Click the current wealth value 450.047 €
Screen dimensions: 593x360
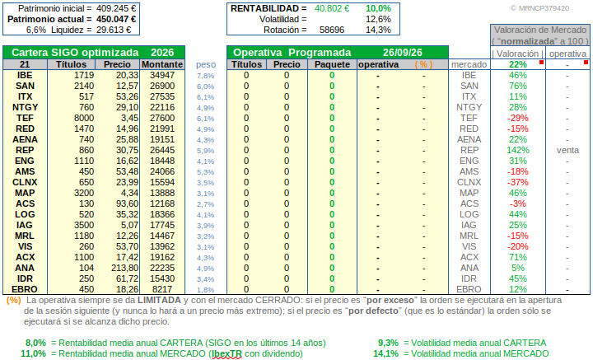coord(116,19)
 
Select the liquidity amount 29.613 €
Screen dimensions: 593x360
coord(114,30)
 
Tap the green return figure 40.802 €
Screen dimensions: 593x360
coord(332,8)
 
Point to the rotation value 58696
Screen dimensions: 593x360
coord(332,30)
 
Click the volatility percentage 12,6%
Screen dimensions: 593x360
coord(378,19)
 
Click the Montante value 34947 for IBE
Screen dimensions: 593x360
coord(162,76)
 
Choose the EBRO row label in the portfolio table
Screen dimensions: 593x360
coord(25,290)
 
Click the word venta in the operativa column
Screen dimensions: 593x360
coord(567,151)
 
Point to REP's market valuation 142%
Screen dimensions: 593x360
coord(518,151)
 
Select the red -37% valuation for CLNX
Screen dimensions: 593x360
coord(518,183)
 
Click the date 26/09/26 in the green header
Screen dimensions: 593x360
coord(403,53)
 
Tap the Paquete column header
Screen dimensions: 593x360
coord(332,64)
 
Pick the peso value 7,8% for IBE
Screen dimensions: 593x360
coord(205,76)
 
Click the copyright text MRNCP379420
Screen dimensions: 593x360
coord(539,8)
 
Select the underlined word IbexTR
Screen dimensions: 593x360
coord(226,354)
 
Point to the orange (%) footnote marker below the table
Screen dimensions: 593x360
coord(14,300)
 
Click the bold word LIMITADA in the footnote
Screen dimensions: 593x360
coord(159,300)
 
